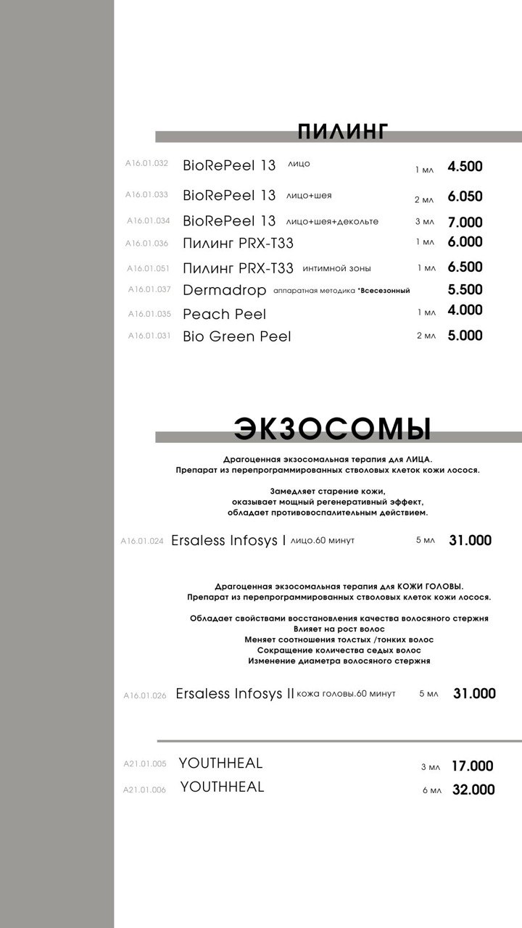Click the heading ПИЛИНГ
pyautogui.click(x=343, y=131)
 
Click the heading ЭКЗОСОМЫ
pyautogui.click(x=332, y=428)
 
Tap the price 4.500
pyautogui.click(x=465, y=167)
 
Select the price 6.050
pyautogui.click(x=465, y=196)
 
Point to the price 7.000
pyautogui.click(x=465, y=223)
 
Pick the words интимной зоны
pyautogui.click(x=336, y=268)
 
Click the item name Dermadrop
pyautogui.click(x=225, y=291)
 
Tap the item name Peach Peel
pyautogui.click(x=225, y=314)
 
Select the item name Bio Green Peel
pyautogui.click(x=237, y=336)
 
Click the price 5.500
pyautogui.click(x=465, y=290)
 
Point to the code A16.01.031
pyautogui.click(x=149, y=336)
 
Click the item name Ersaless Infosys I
pyautogui.click(x=228, y=541)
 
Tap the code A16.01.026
pyautogui.click(x=145, y=695)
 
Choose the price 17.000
pyautogui.click(x=472, y=766)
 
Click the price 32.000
pyautogui.click(x=473, y=790)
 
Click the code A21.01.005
pyautogui.click(x=145, y=764)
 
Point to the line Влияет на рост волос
pyautogui.click(x=339, y=629)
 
